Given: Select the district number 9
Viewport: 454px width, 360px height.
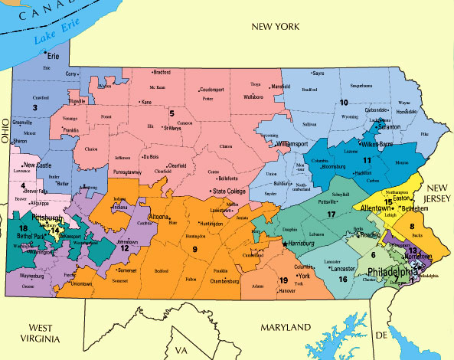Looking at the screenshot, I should tap(194, 250).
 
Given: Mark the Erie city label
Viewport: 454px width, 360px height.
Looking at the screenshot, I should tap(54, 57).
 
